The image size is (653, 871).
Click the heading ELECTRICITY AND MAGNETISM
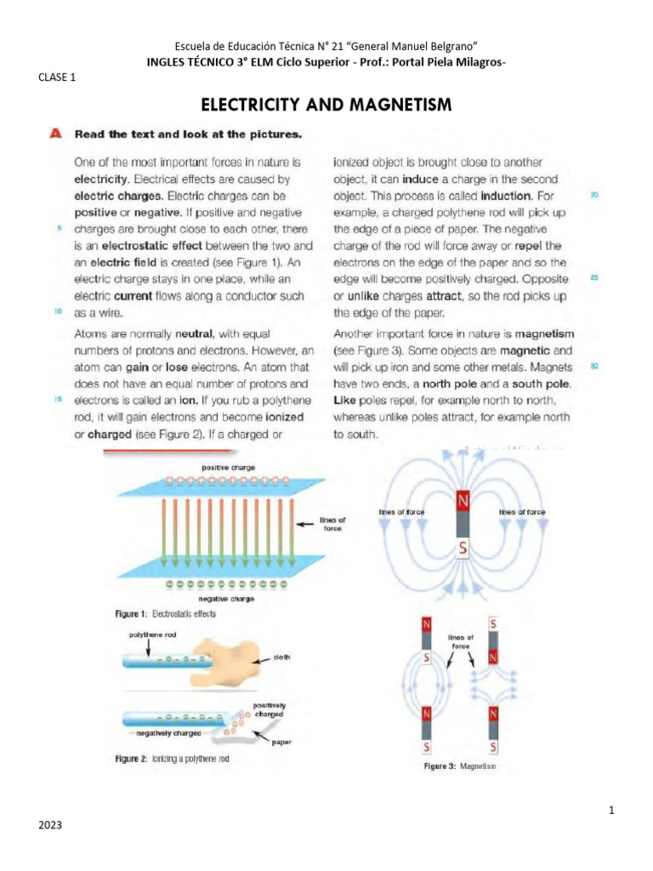point(326,105)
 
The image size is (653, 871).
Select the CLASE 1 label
point(58,77)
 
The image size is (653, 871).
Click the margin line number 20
point(594,195)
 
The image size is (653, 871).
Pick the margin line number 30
point(594,367)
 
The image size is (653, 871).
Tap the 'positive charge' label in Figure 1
point(228,467)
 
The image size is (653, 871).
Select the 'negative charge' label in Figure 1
point(228,599)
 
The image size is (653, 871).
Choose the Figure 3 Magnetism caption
point(460,766)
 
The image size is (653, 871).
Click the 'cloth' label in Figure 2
point(282,657)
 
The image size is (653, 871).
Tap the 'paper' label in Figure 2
point(282,740)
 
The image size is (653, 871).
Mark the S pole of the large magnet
point(463,548)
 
